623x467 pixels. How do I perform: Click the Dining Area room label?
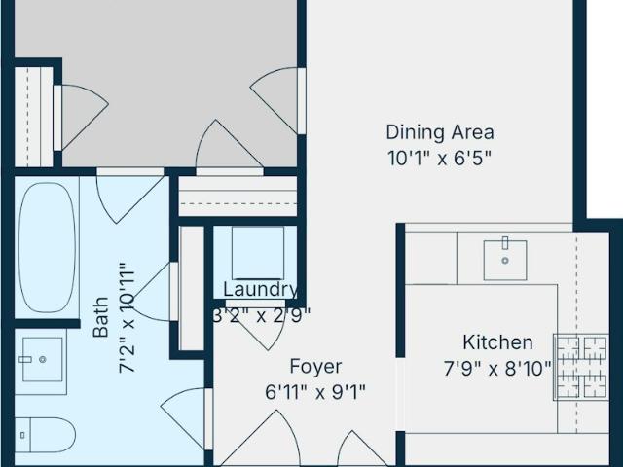[440, 132]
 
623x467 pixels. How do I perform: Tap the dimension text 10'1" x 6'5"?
[439, 159]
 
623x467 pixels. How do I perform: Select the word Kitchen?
[497, 342]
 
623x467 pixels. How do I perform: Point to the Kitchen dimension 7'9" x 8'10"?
[497, 369]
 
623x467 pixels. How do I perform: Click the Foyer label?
[315, 367]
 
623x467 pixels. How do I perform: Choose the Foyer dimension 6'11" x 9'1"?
[315, 392]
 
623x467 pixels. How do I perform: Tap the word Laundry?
[260, 290]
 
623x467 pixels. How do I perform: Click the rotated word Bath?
[101, 317]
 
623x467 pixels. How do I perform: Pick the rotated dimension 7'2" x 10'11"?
[128, 318]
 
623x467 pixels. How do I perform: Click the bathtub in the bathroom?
[48, 247]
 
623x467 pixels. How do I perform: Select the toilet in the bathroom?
[46, 435]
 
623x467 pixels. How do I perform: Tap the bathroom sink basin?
[43, 359]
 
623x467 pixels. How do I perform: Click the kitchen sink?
[505, 260]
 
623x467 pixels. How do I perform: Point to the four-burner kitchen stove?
[581, 367]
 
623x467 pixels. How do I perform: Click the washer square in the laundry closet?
[258, 253]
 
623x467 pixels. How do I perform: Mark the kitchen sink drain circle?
[505, 261]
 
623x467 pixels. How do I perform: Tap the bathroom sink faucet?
[25, 359]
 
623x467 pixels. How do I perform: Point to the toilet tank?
[22, 435]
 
